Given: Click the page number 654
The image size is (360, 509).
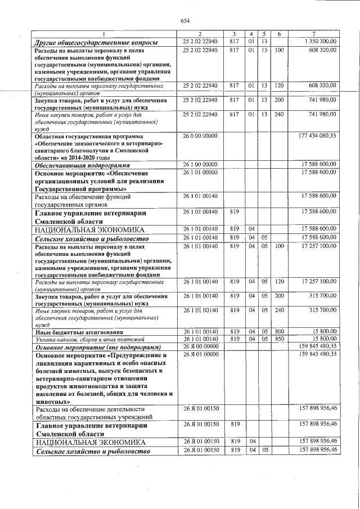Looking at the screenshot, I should [184, 21].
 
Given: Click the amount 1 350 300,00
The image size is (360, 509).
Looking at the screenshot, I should [319, 42].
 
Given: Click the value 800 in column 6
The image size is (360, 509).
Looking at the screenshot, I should [279, 332].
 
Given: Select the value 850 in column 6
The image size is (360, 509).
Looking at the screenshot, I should [279, 339].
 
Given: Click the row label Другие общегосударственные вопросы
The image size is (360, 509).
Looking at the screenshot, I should [96, 43].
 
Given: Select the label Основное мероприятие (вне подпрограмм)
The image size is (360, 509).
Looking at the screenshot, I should [98, 347].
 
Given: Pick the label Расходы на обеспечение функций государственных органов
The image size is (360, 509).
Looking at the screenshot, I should [90, 201].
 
